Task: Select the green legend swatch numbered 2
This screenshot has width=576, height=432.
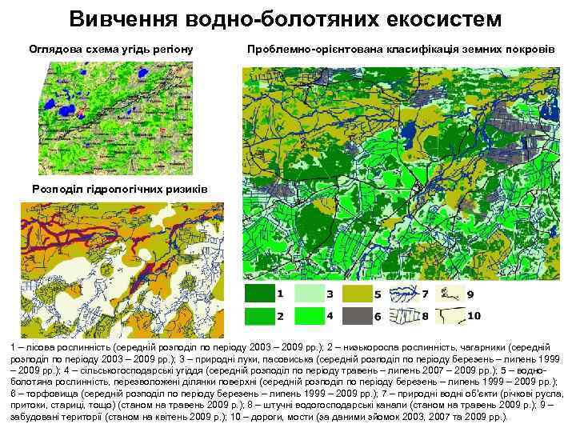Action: [x=259, y=316]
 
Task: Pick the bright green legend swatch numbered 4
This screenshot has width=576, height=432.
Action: [x=307, y=316]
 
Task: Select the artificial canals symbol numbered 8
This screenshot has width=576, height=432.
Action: [x=403, y=316]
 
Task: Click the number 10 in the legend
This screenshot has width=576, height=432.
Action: [x=474, y=316]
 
